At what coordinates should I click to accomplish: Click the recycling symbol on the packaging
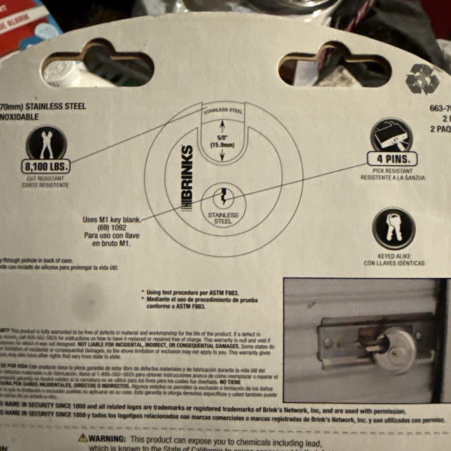(x=422, y=79)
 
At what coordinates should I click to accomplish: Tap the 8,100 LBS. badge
(x=46, y=167)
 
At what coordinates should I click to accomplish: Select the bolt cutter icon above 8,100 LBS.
(x=46, y=142)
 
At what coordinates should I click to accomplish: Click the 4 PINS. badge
(x=391, y=159)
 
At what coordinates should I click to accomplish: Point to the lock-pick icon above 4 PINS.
(x=391, y=134)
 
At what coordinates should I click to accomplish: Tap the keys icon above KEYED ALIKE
(x=394, y=228)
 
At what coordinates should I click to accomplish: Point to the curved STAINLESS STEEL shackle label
(x=223, y=110)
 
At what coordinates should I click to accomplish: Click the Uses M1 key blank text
(x=112, y=220)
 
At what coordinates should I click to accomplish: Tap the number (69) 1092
(x=111, y=228)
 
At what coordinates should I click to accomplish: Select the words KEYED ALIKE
(x=394, y=256)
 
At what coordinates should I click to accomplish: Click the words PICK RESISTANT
(x=392, y=171)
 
